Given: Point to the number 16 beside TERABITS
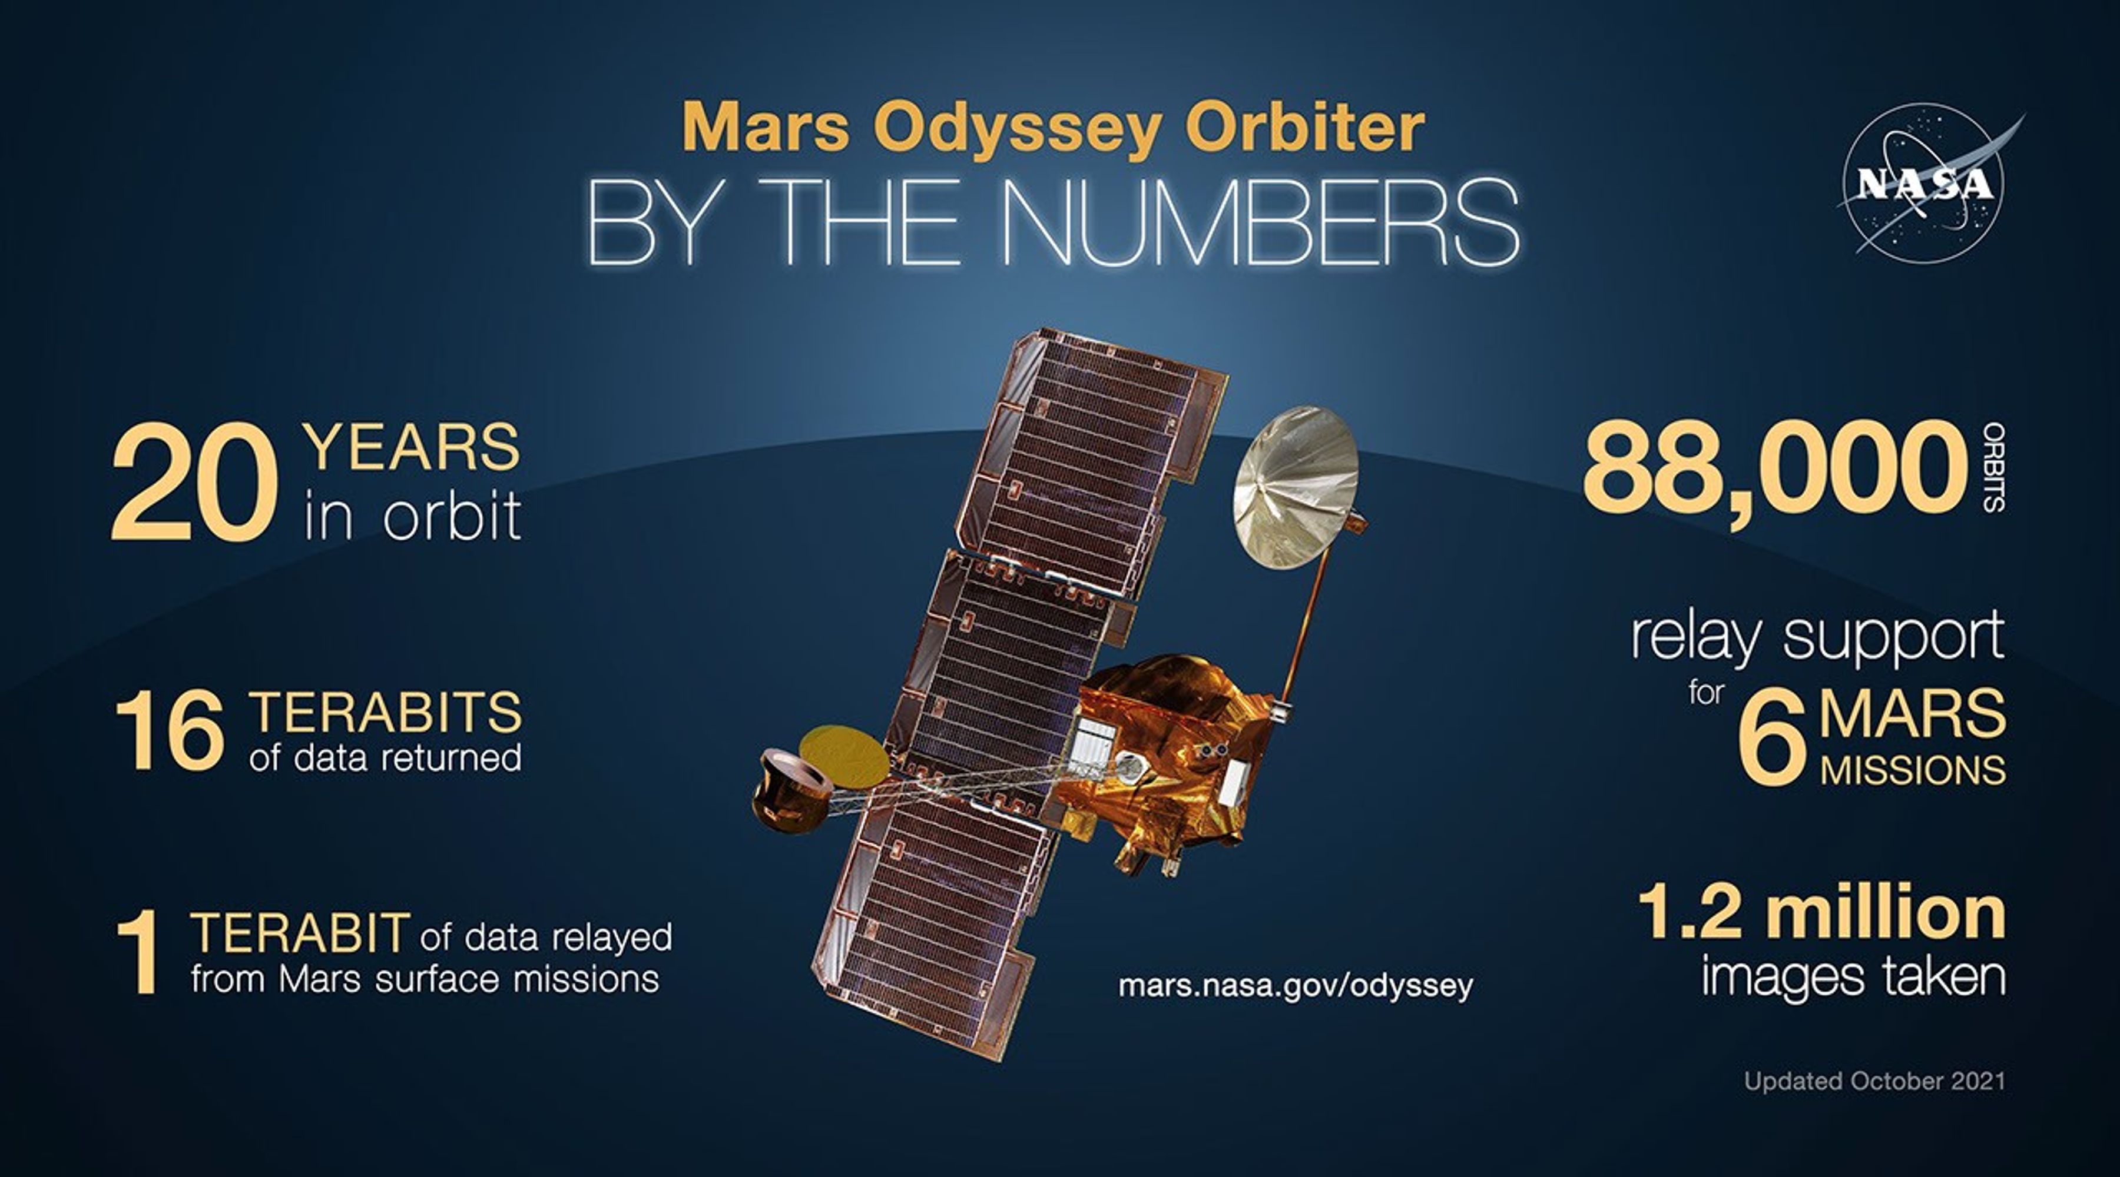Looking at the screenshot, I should tap(170, 731).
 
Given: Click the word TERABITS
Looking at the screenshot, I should tap(385, 712).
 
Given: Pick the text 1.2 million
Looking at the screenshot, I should tap(1820, 912).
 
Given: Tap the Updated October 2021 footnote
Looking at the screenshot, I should tap(1874, 1080).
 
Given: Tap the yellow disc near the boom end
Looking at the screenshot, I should tap(843, 755).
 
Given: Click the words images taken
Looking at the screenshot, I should tap(1853, 977).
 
